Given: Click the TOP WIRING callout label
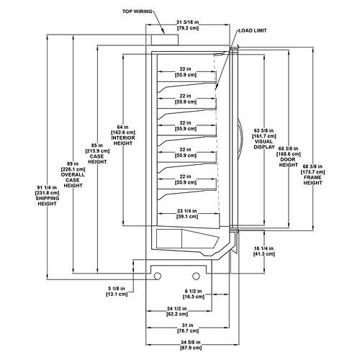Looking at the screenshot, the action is [x=138, y=12].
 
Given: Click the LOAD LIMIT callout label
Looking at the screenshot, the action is [x=253, y=31].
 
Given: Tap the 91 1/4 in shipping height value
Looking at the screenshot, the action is [x=47, y=187].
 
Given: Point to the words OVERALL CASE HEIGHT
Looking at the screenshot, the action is [x=73, y=180].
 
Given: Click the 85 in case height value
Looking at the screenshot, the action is [x=97, y=145].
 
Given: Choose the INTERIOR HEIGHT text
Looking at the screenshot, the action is [x=123, y=140].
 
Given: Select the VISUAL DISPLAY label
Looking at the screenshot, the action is [x=264, y=144].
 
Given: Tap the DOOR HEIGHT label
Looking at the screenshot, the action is [x=289, y=162].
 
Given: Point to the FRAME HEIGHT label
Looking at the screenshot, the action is [x=312, y=180].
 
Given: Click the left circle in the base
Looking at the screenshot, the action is [x=158, y=276].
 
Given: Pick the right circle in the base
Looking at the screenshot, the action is [x=196, y=276].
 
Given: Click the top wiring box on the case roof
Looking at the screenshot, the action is [x=165, y=40].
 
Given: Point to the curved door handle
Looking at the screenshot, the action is [x=242, y=135].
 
